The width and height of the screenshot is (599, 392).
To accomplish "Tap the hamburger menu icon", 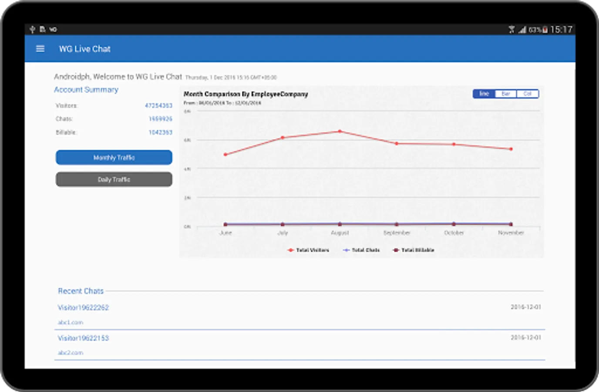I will (x=40, y=49).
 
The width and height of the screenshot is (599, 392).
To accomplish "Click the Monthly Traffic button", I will (x=114, y=158).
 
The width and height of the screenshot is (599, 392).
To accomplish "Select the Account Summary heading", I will (x=86, y=90).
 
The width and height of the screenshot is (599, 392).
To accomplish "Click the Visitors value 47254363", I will (x=158, y=105).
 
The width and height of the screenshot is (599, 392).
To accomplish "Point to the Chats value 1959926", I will (x=160, y=119).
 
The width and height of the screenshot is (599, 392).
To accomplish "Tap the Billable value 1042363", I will (x=160, y=132).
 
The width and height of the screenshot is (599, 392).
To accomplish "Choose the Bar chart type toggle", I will (x=506, y=94).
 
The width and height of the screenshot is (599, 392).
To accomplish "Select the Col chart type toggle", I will (x=527, y=94).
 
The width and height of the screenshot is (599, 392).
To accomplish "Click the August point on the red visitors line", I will (x=340, y=131).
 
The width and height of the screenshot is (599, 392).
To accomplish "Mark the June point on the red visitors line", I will (x=225, y=155).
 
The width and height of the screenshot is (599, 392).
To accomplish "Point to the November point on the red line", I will (x=511, y=149).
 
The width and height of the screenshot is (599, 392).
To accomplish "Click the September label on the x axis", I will (x=397, y=233).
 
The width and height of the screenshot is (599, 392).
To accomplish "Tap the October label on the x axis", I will (x=454, y=233).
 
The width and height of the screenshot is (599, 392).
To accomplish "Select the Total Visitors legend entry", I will (x=309, y=250).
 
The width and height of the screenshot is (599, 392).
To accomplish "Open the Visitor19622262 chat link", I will (x=83, y=308).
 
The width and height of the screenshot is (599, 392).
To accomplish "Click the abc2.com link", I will (x=71, y=353).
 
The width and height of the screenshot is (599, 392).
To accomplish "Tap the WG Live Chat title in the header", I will (x=85, y=49).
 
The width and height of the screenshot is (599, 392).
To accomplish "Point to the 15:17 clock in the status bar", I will (x=561, y=30).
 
